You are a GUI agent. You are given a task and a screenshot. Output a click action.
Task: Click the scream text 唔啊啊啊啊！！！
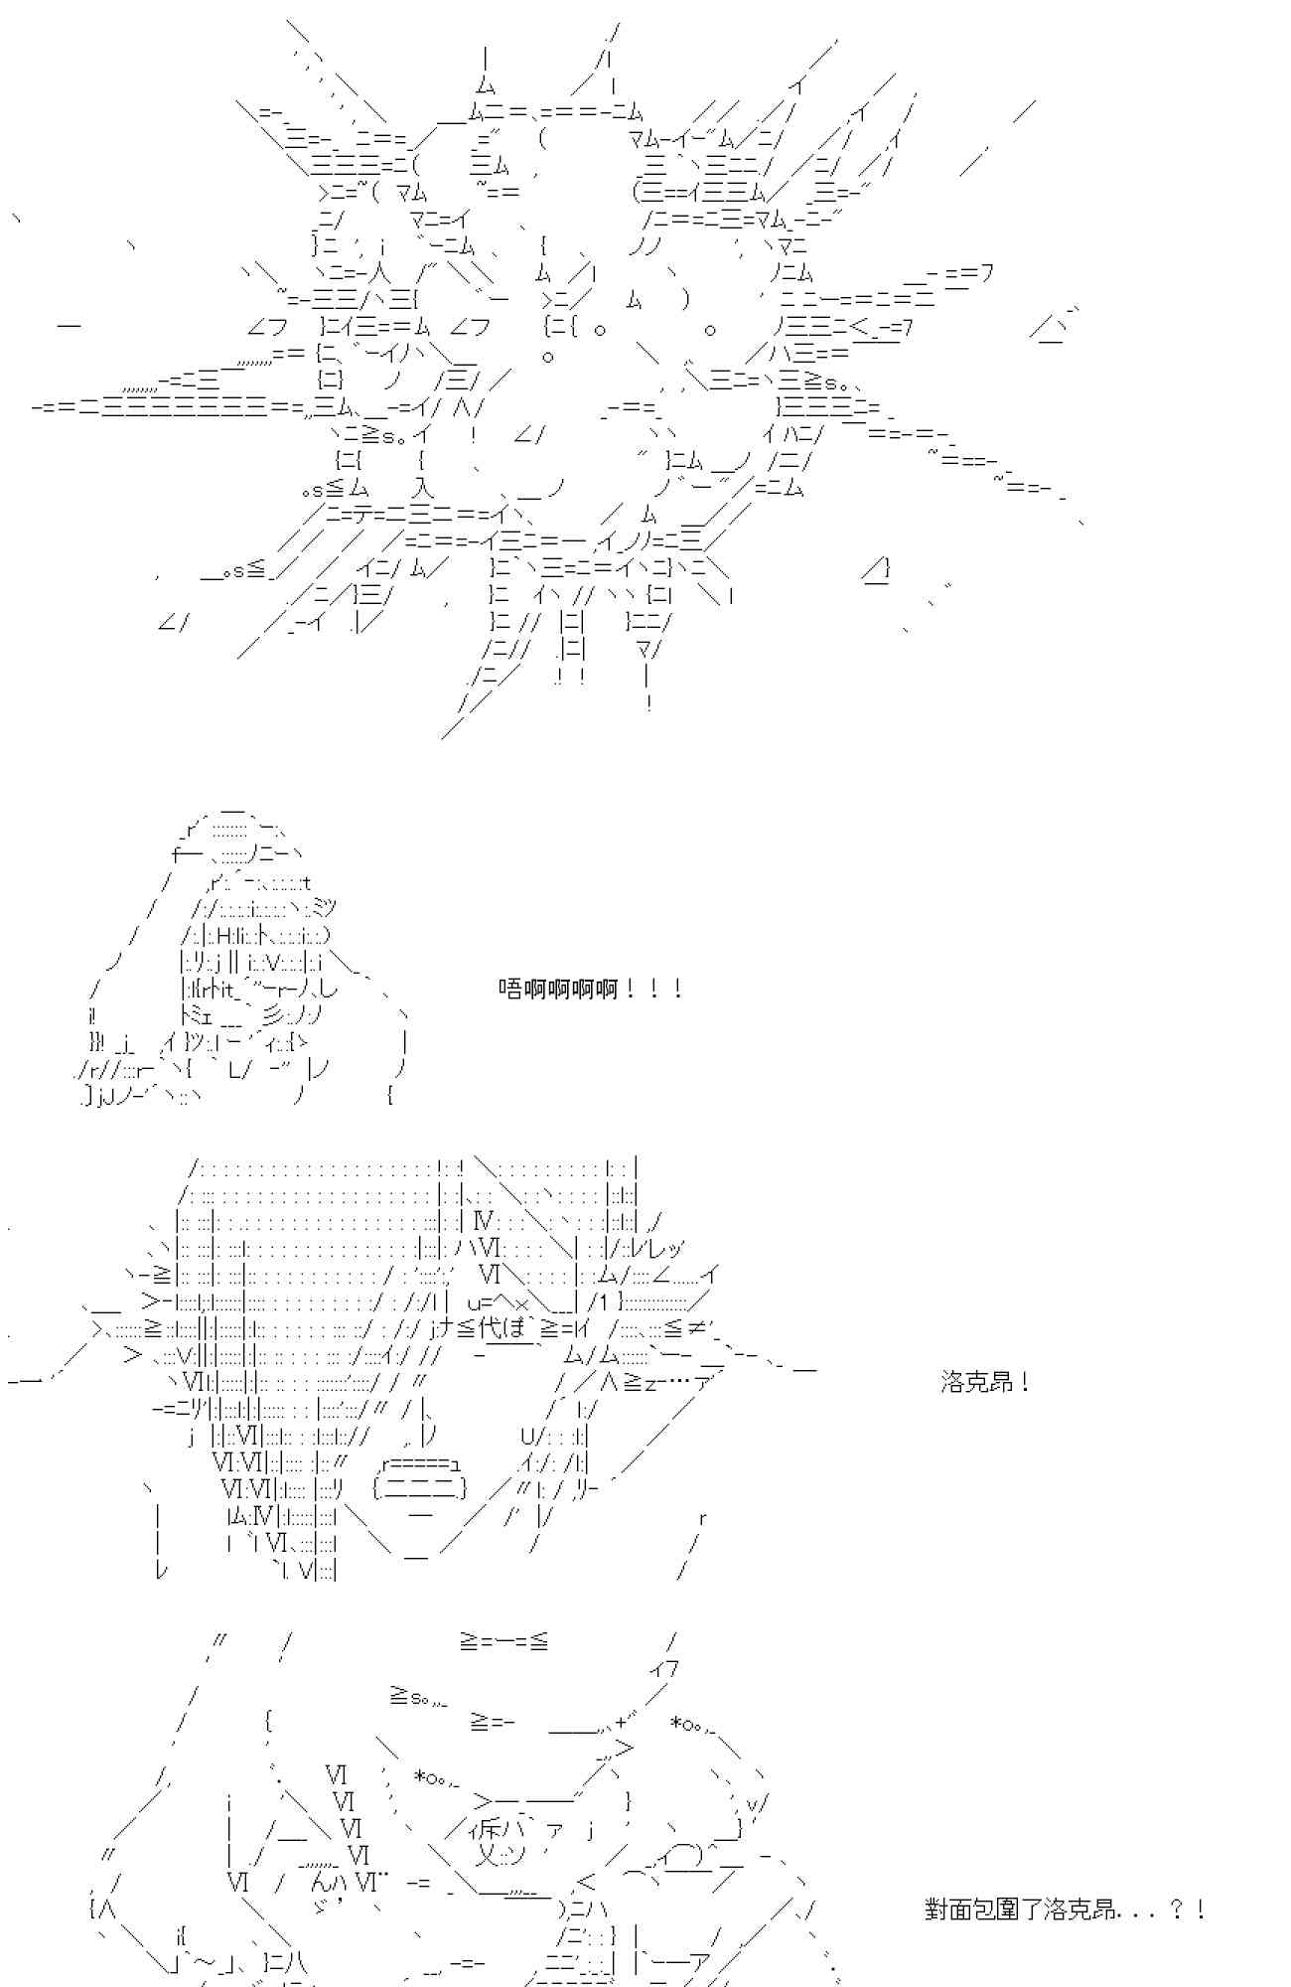point(590,990)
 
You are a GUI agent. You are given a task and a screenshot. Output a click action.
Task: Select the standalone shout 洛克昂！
point(984,1382)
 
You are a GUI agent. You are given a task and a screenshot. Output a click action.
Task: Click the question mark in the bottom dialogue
point(1177,1910)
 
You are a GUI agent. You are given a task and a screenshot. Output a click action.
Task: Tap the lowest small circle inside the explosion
point(548,355)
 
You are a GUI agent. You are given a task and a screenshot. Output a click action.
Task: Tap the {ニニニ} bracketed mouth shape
point(420,1487)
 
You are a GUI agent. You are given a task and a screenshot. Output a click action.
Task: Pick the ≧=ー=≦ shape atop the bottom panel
point(503,1641)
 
